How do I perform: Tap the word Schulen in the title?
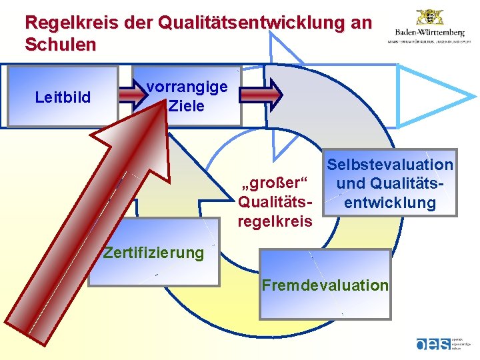click(60, 45)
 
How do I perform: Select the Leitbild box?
click(63, 97)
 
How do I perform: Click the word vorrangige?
click(187, 87)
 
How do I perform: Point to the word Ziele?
click(187, 105)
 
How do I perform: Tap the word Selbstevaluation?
click(390, 165)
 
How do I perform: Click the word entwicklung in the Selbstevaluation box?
click(390, 203)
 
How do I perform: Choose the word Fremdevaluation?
click(325, 285)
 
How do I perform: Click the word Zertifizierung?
click(153, 253)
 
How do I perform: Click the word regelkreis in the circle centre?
click(275, 221)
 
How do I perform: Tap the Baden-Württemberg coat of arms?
click(430, 17)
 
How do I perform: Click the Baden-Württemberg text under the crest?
click(430, 32)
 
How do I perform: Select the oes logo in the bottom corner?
click(433, 344)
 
